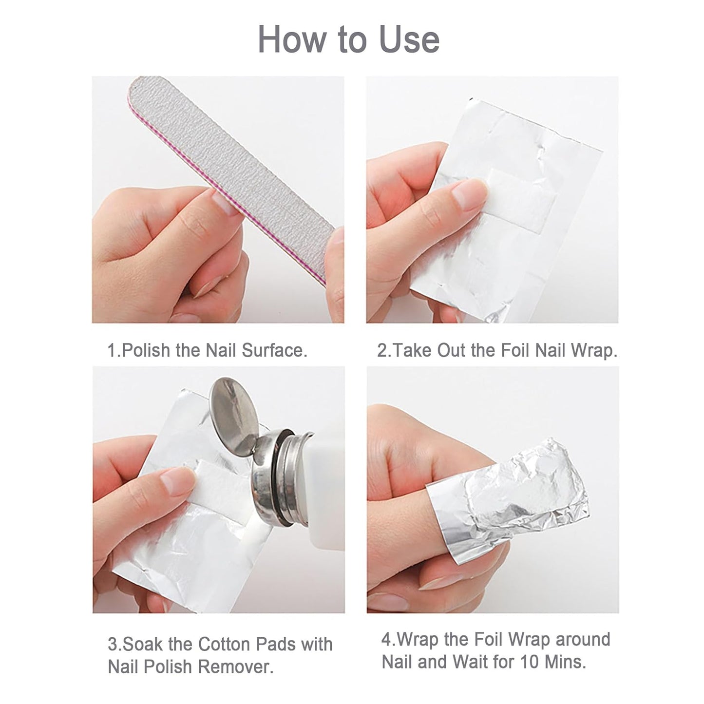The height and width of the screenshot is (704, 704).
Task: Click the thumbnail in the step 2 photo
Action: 469,192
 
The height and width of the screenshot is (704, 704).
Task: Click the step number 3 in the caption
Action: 113,644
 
